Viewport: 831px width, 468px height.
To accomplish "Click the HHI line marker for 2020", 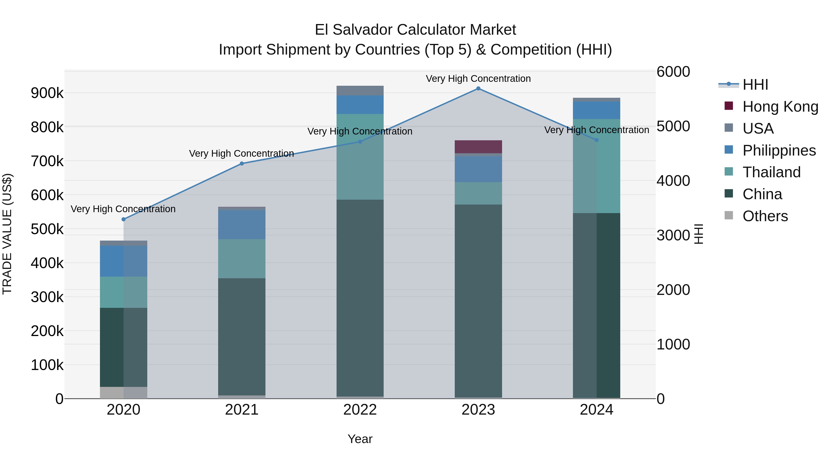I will point(123,219).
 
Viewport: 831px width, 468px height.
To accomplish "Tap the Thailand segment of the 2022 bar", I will point(360,157).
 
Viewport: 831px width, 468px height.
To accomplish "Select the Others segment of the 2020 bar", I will point(123,392).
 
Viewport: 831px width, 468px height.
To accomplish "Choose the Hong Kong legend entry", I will point(780,107).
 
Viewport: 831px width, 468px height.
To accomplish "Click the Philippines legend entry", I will point(779,150).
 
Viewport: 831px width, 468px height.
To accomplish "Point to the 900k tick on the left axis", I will point(47,93).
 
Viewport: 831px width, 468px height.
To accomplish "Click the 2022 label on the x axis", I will point(360,410).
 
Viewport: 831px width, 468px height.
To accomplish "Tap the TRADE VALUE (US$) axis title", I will point(7,234).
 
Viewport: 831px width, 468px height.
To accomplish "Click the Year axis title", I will point(360,439).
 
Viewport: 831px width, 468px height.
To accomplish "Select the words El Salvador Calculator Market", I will point(415,30).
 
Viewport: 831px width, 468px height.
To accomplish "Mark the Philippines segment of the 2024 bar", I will point(596,110).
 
